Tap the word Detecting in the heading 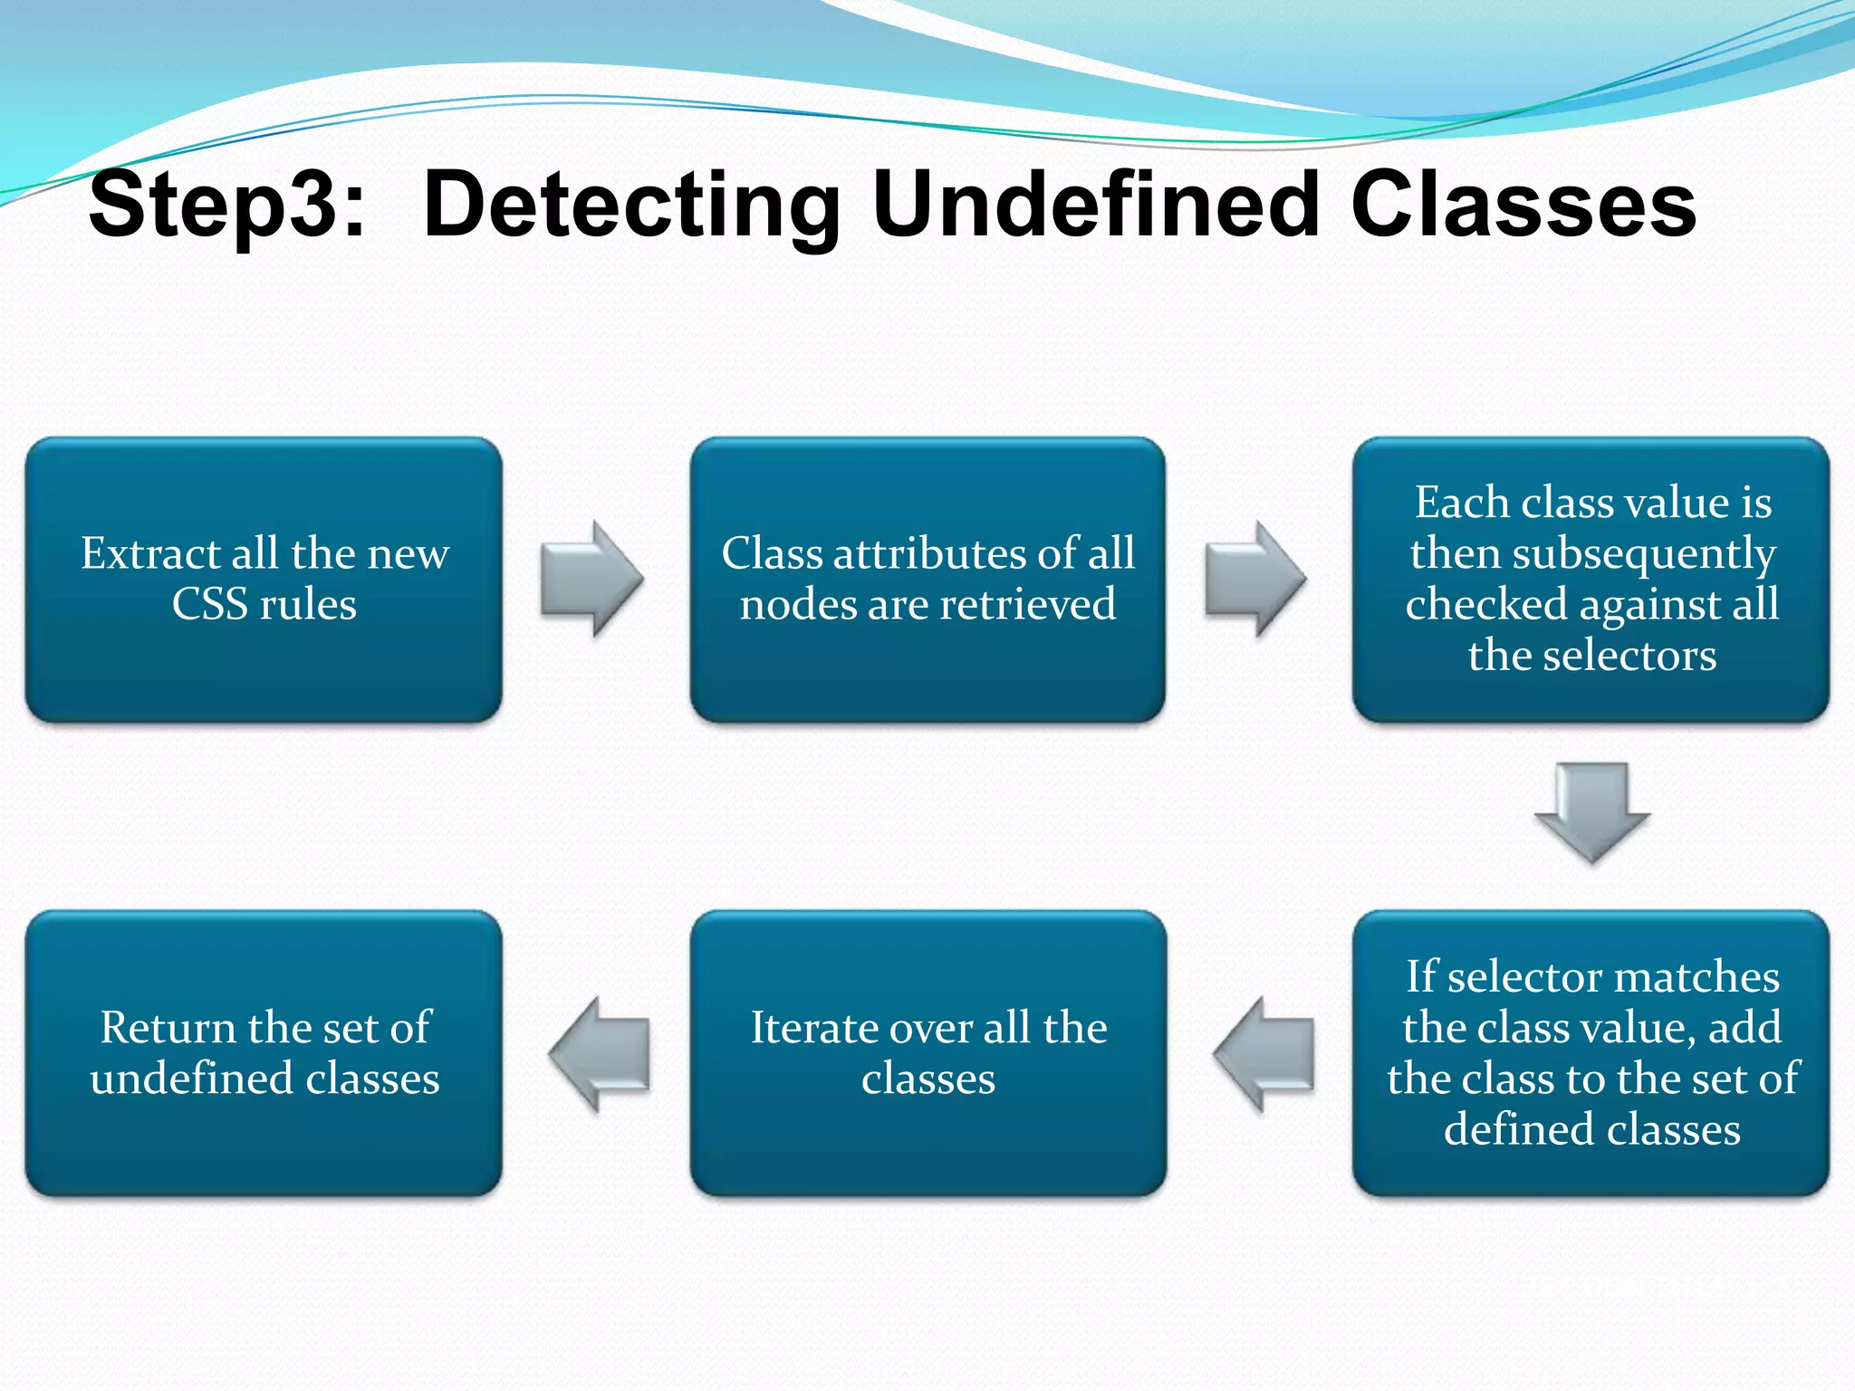tap(631, 206)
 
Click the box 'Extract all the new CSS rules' tap(264, 580)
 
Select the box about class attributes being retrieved tap(927, 580)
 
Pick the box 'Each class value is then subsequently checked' tap(1591, 580)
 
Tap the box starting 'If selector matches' tap(1591, 1052)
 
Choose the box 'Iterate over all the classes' tap(927, 1052)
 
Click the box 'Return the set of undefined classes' tap(264, 1052)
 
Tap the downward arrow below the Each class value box tap(1591, 811)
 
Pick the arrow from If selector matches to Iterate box tap(1264, 1054)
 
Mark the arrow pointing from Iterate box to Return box tap(600, 1054)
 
